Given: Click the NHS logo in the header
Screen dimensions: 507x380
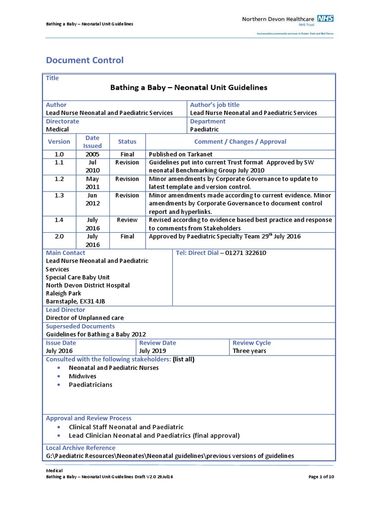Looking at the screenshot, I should (x=326, y=18).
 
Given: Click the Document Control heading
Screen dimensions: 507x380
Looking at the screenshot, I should (x=85, y=60).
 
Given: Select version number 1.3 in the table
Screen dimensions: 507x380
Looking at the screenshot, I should (x=59, y=195).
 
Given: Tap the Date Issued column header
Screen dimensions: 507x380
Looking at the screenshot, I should (x=92, y=142).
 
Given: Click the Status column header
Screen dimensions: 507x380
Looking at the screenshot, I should (x=127, y=142).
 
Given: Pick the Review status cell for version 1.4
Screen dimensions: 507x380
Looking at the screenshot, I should (x=127, y=220).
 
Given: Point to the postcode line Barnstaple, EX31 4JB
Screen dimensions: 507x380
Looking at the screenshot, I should (x=75, y=301).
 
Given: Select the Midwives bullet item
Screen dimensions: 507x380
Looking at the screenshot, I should (x=83, y=376).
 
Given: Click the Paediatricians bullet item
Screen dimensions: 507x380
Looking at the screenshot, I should (x=91, y=385).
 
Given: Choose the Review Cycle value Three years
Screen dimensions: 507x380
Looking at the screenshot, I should (x=249, y=351).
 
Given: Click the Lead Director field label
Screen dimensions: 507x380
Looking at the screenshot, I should (x=66, y=310).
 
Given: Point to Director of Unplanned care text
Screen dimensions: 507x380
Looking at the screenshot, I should (x=85, y=318).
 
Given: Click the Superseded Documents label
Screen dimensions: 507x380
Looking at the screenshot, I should (x=80, y=326).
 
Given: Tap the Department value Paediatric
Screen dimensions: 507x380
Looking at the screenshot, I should (x=204, y=129).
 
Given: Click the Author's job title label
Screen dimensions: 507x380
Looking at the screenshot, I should (x=215, y=105).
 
